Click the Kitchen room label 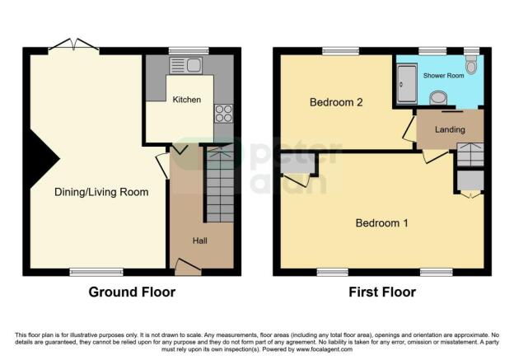tap(186, 100)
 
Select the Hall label tap(200, 241)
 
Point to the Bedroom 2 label tap(337, 103)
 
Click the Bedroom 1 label tap(382, 222)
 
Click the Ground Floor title tap(132, 292)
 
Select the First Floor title tap(382, 292)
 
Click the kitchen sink tap(185, 65)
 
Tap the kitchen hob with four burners tap(223, 113)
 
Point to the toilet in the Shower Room tap(471, 65)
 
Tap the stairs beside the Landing tap(470, 154)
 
